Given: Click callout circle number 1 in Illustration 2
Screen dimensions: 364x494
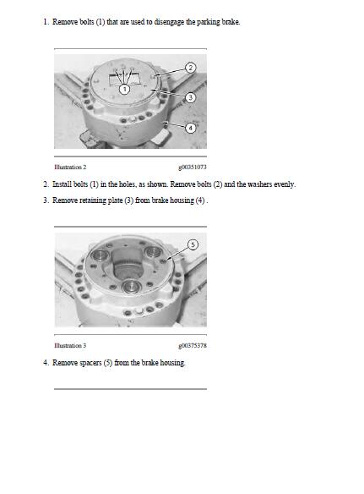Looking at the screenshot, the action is (x=125, y=89).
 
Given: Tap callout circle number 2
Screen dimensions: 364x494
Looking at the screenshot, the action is (x=190, y=68).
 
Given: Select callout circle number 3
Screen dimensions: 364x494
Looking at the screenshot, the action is (x=190, y=97).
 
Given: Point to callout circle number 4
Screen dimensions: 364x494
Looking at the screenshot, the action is (x=190, y=128).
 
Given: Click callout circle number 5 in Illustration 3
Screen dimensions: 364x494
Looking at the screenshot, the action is (x=193, y=244).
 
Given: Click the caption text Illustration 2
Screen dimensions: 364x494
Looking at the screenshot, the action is (x=70, y=167).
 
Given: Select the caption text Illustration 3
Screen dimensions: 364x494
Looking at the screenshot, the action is (x=70, y=346).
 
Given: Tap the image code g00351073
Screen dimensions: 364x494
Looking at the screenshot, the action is (x=193, y=167).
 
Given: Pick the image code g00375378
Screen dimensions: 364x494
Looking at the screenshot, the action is (x=193, y=346).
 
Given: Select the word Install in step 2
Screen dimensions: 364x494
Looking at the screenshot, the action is (x=62, y=184).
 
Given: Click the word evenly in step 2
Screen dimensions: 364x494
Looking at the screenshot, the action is (x=285, y=184).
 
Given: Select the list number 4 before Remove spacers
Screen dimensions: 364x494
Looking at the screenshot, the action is (x=46, y=363).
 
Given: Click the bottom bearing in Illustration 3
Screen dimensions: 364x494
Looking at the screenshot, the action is (x=131, y=286).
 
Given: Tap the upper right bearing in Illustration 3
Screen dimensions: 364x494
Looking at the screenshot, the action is (x=153, y=252).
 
